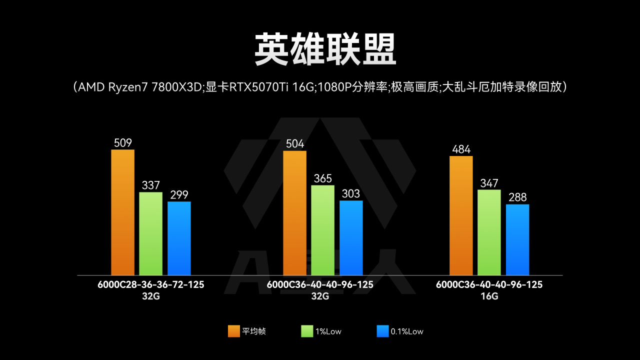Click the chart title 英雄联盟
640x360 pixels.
click(x=325, y=50)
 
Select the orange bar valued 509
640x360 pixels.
click(x=122, y=212)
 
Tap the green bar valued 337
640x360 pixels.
click(x=150, y=233)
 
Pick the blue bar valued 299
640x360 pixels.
click(x=179, y=238)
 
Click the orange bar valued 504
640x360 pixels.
click(x=294, y=213)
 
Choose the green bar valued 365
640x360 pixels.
click(x=322, y=230)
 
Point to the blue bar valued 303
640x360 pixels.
click(x=351, y=238)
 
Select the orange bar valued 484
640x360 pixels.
click(x=461, y=215)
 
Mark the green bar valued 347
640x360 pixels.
click(x=489, y=232)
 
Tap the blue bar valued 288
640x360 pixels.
click(x=517, y=239)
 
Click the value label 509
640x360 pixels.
click(x=122, y=143)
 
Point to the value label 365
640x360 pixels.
click(x=322, y=179)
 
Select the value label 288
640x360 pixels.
click(x=517, y=197)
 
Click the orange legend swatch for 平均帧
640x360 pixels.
click(x=233, y=331)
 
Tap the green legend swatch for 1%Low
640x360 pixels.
click(x=307, y=331)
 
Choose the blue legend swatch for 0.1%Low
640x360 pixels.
click(x=382, y=331)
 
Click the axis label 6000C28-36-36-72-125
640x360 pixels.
click(x=151, y=284)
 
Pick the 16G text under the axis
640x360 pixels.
click(x=489, y=296)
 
